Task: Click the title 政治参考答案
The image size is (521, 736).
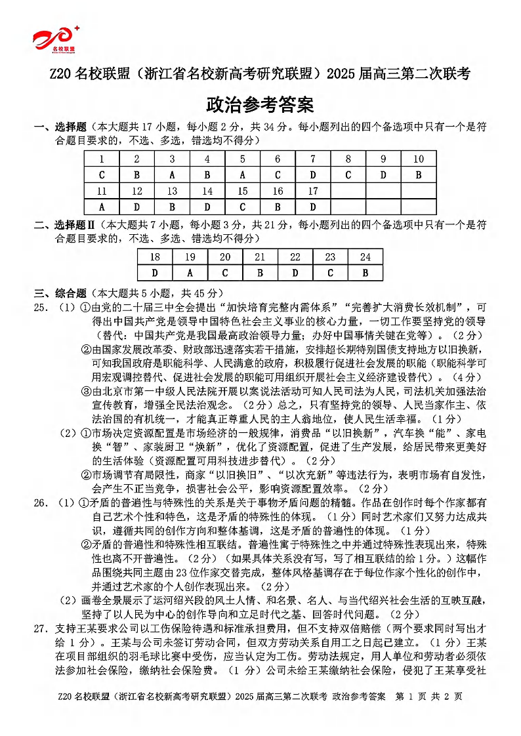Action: [260, 104]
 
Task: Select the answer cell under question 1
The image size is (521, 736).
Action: [102, 175]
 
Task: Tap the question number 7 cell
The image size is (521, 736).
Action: [313, 159]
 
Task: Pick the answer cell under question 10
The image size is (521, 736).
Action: [419, 175]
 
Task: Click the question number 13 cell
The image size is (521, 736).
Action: [172, 192]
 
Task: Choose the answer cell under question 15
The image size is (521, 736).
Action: [243, 207]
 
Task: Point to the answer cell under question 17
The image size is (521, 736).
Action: [313, 207]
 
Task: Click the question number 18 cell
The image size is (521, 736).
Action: [155, 257]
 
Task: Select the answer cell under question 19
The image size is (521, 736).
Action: [190, 273]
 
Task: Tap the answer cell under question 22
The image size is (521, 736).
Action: [295, 273]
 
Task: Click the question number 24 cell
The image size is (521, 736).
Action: [365, 257]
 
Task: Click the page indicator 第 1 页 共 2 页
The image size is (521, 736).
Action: [430, 714]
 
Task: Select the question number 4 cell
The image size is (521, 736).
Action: [207, 159]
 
